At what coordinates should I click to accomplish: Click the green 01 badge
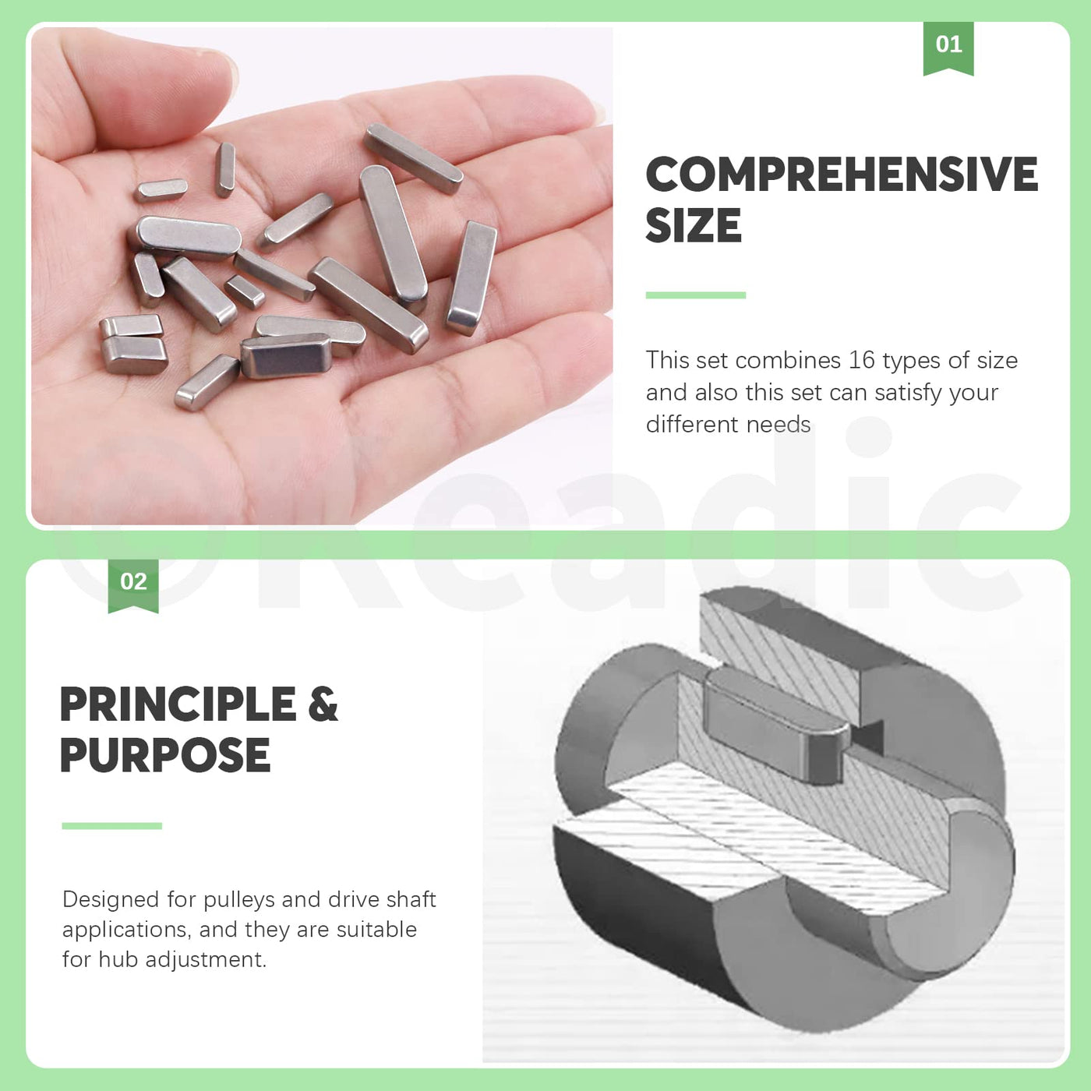[x=948, y=48]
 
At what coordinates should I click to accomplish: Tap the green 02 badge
[x=133, y=585]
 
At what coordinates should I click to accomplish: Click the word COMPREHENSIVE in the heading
[x=842, y=175]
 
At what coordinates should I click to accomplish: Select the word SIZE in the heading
[x=694, y=225]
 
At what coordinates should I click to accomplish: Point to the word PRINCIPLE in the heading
[x=178, y=704]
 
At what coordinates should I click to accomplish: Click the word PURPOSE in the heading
[x=164, y=755]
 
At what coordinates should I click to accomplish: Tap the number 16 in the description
[x=862, y=360]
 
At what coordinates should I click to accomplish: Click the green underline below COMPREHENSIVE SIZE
[x=696, y=295]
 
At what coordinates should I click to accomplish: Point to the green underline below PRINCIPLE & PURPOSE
[x=112, y=826]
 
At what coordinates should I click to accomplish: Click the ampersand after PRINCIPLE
[x=323, y=704]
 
